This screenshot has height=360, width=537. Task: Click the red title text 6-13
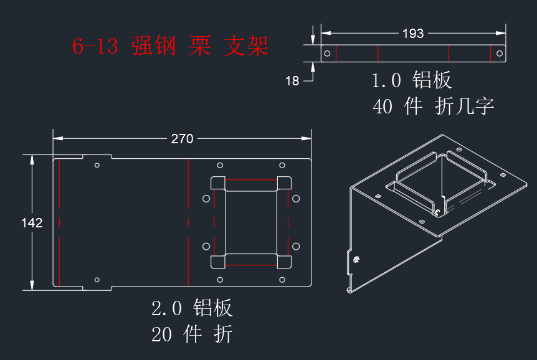[x=95, y=45]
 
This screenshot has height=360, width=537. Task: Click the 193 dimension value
[x=413, y=33]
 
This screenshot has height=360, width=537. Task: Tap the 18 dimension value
[x=292, y=81]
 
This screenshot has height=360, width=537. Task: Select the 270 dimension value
[x=182, y=139]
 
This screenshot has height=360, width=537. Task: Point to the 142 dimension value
[x=32, y=223]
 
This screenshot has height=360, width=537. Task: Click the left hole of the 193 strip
[x=327, y=54]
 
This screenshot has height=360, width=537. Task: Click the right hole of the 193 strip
[x=500, y=54]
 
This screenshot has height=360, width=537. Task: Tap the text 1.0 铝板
[x=412, y=80]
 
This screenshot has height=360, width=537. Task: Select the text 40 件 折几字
[x=433, y=106]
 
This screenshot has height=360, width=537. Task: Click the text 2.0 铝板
[x=192, y=308]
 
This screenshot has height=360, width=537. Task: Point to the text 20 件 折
[x=192, y=334]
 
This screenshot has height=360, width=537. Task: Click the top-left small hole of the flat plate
[x=97, y=165]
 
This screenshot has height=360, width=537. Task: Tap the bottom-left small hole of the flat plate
[x=97, y=280]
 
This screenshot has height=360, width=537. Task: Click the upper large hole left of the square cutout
[x=206, y=199]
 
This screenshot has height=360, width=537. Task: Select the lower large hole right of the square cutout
[x=296, y=246]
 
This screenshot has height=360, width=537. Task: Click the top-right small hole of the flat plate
[x=282, y=165]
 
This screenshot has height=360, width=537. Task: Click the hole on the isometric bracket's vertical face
[x=356, y=259]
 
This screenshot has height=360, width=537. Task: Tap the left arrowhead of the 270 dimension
[x=58, y=138]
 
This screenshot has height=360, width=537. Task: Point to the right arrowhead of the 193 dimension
[x=501, y=33]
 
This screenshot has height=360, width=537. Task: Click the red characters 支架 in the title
[x=246, y=46]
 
